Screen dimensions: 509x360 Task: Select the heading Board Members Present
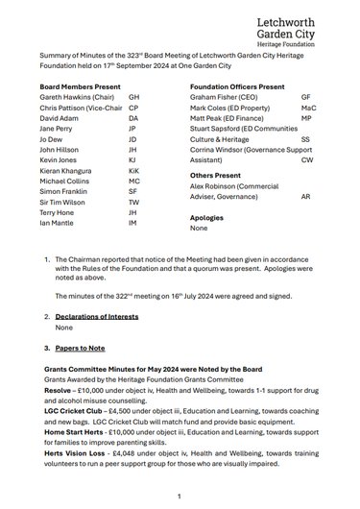80,111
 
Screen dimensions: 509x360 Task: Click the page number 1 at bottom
180,496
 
